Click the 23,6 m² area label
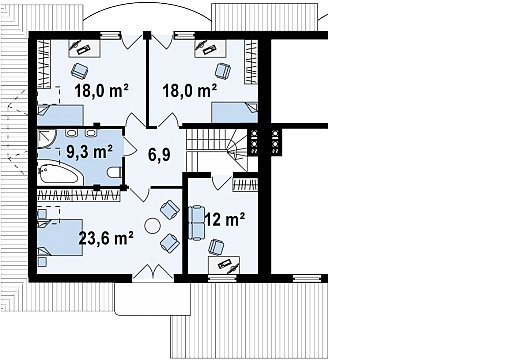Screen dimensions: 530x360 click(106, 238)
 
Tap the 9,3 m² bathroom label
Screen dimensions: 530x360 click(89, 152)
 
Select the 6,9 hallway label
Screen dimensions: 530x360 click(159, 155)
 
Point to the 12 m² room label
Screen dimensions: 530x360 click(225, 220)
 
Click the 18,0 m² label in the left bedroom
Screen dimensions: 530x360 click(102, 91)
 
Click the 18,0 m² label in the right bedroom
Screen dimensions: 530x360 click(190, 91)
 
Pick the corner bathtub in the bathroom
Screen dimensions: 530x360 click(59, 173)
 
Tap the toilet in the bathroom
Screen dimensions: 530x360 click(114, 172)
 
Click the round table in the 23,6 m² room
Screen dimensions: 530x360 click(152, 225)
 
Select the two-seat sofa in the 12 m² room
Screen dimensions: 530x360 click(196, 223)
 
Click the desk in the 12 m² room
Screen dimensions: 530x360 click(224, 265)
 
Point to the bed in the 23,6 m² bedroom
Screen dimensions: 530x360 click(60, 238)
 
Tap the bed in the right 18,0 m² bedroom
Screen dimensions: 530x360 click(235, 113)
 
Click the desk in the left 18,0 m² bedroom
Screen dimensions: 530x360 click(85, 49)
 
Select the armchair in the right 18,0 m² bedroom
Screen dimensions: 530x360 click(223, 71)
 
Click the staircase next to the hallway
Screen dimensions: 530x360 click(217, 150)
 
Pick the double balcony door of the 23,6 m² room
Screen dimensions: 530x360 click(152, 273)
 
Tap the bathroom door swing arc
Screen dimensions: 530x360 click(130, 146)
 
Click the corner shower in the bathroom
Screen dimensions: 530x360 click(45, 138)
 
